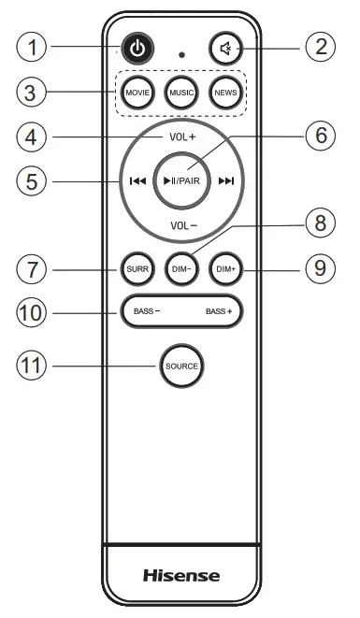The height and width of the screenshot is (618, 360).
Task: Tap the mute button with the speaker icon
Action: pyautogui.click(x=224, y=49)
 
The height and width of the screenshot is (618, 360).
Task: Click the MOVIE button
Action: pyautogui.click(x=137, y=93)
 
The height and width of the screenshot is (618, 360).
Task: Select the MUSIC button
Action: pyautogui.click(x=180, y=93)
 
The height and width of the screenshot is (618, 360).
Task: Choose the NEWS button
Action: pyautogui.click(x=224, y=93)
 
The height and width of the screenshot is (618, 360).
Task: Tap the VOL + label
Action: pyautogui.click(x=182, y=137)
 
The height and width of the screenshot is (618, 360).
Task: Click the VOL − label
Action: pyautogui.click(x=182, y=225)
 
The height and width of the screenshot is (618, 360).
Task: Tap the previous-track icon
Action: pyautogui.click(x=137, y=181)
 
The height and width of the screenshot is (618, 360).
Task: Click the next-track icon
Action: pyautogui.click(x=226, y=181)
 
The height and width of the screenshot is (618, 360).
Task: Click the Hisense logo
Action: pyautogui.click(x=180, y=575)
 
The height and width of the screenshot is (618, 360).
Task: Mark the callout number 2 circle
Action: pyautogui.click(x=322, y=46)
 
